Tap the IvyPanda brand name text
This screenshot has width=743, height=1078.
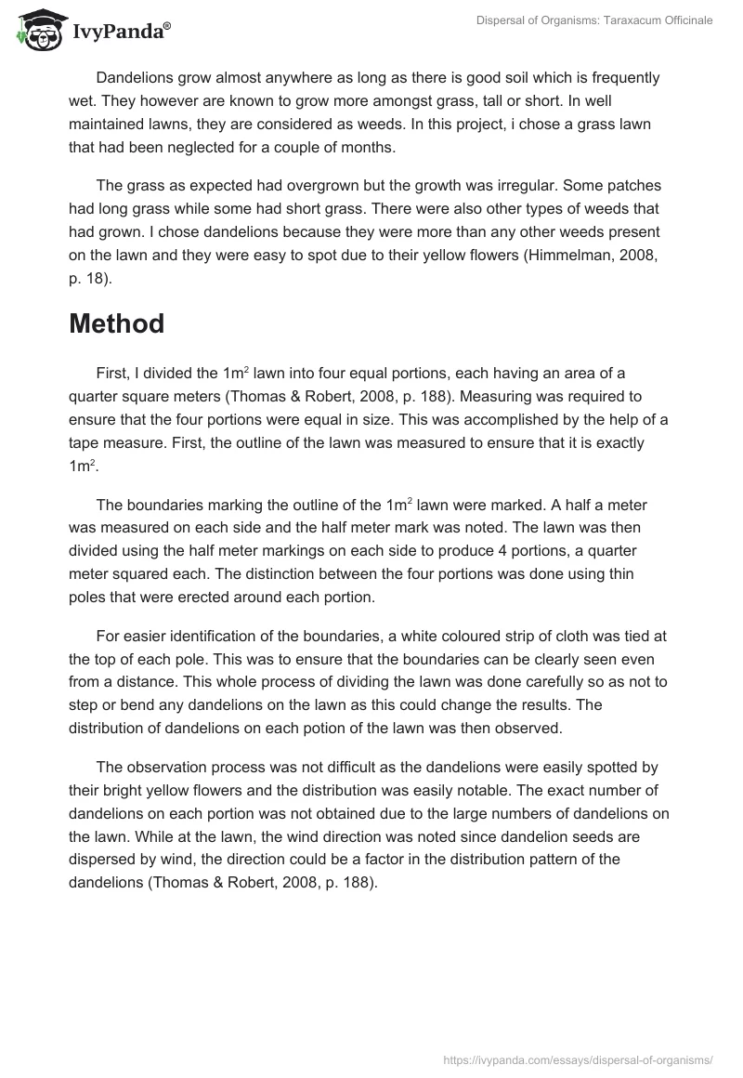point(121,32)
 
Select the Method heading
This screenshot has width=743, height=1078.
point(116,324)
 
